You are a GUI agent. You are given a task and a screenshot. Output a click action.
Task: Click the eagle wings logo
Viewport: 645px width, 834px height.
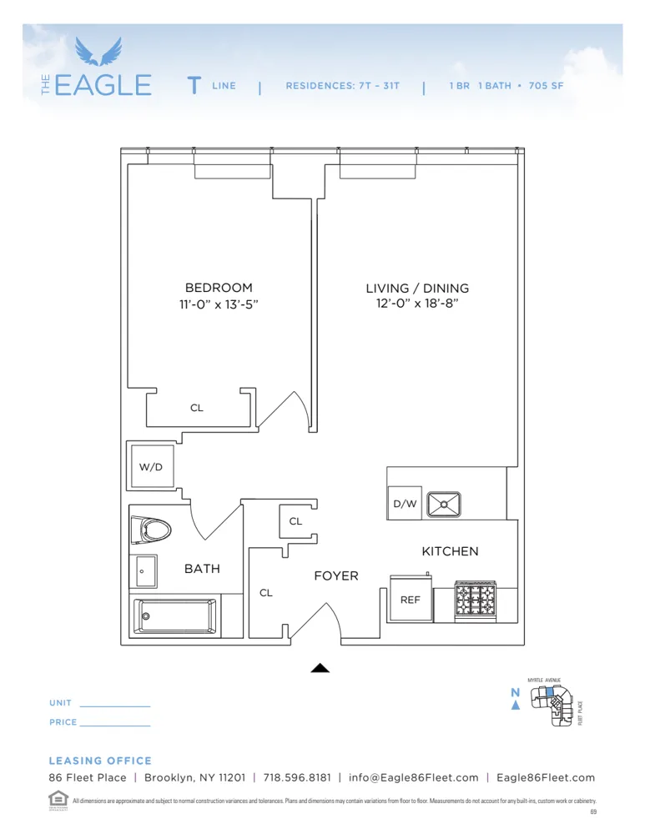coord(98,52)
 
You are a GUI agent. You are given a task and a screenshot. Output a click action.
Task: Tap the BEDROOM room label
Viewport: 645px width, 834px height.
coord(219,288)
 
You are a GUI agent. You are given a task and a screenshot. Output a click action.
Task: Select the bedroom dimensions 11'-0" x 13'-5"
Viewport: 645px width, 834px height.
coord(219,304)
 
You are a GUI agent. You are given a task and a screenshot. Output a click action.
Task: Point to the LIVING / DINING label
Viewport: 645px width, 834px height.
coord(417,289)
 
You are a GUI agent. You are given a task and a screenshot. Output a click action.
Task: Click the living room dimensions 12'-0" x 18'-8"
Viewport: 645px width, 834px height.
coord(417,304)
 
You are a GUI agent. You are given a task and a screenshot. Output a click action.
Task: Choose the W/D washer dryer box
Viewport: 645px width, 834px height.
coord(151,466)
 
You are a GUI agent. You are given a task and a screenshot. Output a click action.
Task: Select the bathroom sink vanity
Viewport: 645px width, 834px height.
coord(145,571)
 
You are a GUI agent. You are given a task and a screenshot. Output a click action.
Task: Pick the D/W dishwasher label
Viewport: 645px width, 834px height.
coord(405,504)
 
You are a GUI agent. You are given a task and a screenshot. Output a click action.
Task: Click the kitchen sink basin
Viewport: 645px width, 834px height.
coord(444,504)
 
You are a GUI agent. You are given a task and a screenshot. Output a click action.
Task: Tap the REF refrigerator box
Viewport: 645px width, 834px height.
coord(411,600)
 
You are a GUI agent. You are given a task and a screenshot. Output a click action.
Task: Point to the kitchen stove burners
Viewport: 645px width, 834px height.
coord(474,599)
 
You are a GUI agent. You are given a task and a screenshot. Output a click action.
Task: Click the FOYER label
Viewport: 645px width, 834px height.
coord(336,576)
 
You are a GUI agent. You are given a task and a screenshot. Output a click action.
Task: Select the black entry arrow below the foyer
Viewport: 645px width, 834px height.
coord(320,667)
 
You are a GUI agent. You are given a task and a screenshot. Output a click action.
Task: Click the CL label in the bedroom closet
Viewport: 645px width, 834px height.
coord(197,408)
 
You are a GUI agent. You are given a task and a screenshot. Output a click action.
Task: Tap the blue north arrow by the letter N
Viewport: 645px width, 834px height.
coord(516,706)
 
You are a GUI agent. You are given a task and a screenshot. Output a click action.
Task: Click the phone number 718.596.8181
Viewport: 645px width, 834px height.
coord(297,777)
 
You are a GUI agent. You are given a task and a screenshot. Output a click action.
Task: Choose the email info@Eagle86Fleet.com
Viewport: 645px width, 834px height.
coord(414,777)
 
